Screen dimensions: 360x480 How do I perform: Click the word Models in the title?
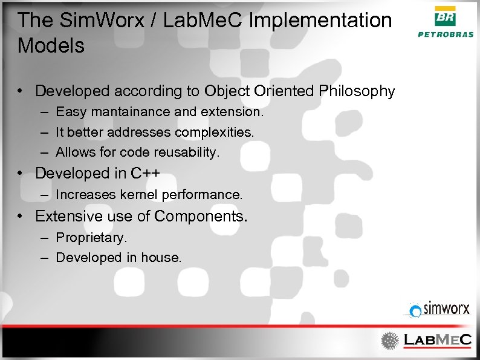[51, 45]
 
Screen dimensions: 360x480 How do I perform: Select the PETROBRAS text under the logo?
[446, 34]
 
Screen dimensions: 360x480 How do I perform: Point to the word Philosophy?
[357, 91]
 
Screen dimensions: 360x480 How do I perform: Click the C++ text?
[146, 173]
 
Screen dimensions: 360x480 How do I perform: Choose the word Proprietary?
[91, 237]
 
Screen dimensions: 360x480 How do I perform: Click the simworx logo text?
[447, 310]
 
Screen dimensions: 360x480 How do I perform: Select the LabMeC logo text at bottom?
[437, 341]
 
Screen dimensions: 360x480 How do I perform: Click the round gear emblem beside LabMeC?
[391, 341]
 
